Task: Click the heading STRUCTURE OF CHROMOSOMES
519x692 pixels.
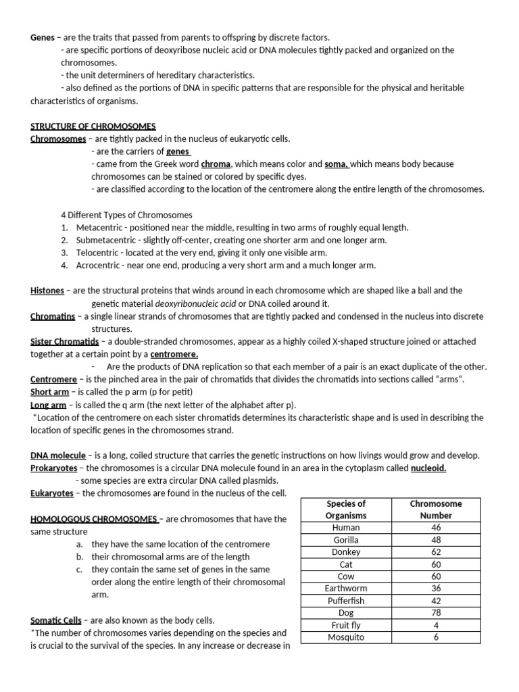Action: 93,126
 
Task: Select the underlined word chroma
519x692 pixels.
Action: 216,164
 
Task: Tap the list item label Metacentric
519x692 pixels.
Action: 99,228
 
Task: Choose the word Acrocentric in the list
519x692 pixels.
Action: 99,266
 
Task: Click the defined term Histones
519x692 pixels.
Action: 47,291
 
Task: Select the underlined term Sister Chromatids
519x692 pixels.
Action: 65,341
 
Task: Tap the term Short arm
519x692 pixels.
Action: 48,392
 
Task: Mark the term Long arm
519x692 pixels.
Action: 48,405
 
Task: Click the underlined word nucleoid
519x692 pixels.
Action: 428,468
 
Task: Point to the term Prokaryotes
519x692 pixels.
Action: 53,468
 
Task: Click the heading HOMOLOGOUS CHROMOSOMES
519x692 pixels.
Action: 94,519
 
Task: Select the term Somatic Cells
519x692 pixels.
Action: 56,620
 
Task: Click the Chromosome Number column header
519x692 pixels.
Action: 436,510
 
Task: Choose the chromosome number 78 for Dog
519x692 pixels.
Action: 436,613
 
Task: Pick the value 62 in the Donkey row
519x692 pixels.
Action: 436,552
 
